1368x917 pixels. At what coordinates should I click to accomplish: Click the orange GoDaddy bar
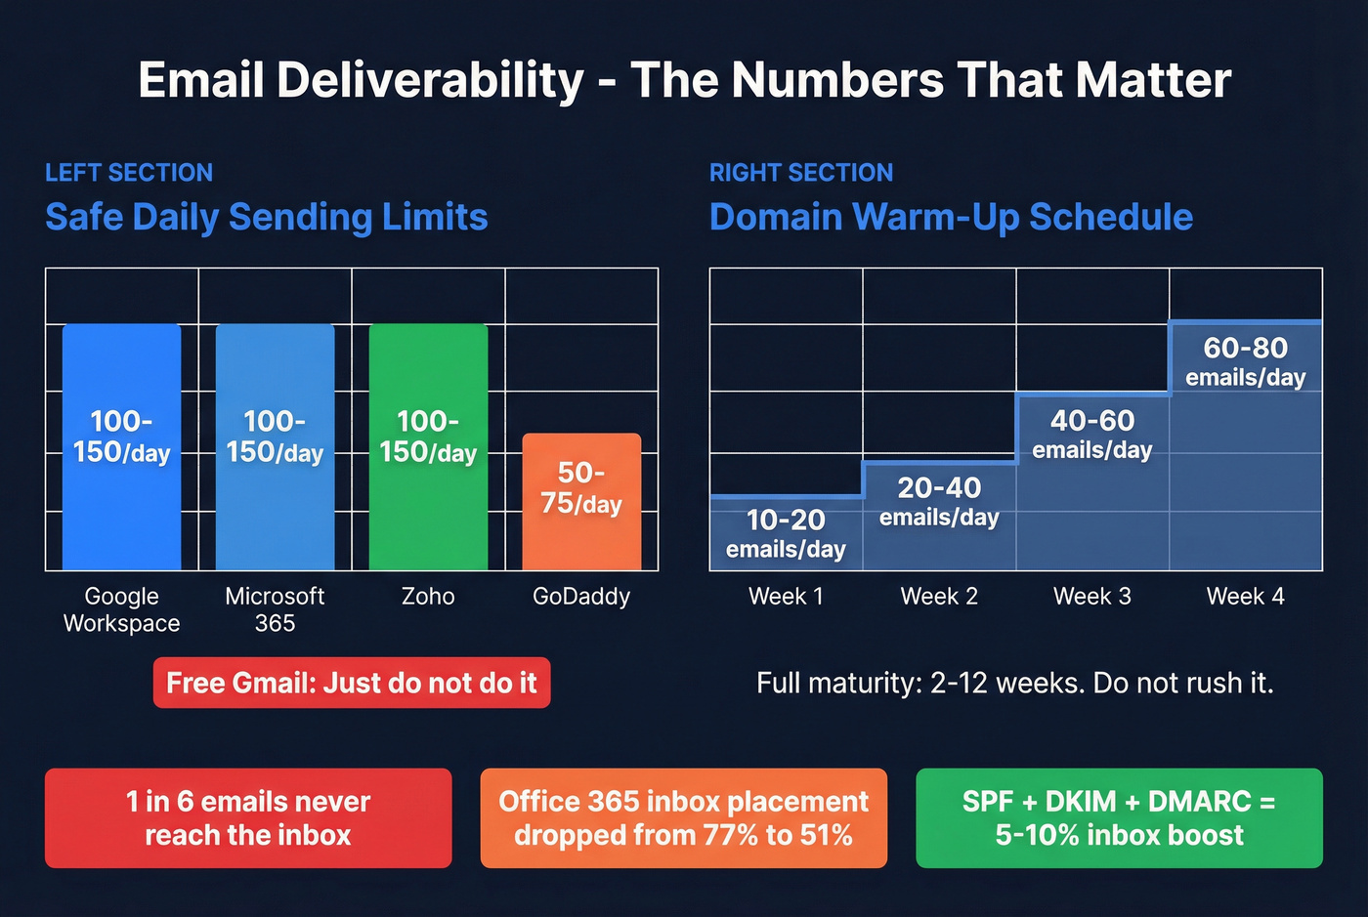pyautogui.click(x=581, y=502)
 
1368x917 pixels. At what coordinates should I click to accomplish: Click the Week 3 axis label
pyautogui.click(x=1091, y=596)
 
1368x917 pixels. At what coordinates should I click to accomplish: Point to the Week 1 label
pyautogui.click(x=786, y=596)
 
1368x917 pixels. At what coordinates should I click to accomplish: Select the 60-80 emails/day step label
pyautogui.click(x=1245, y=361)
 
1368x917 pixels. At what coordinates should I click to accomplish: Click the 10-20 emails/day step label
pyautogui.click(x=786, y=533)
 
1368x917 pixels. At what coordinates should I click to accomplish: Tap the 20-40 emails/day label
pyautogui.click(x=938, y=501)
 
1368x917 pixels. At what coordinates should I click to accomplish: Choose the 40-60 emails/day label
pyautogui.click(x=1091, y=434)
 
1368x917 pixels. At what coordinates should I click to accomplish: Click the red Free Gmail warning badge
pyautogui.click(x=352, y=683)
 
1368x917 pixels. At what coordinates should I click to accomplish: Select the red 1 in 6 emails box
pyautogui.click(x=248, y=818)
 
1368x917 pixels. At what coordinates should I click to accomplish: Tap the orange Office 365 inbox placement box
pyautogui.click(x=683, y=818)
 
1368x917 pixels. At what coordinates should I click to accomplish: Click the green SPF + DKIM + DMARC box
pyautogui.click(x=1119, y=818)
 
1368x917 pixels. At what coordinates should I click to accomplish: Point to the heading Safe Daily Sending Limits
pyautogui.click(x=266, y=217)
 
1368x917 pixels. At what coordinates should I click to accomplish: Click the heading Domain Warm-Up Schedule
pyautogui.click(x=951, y=217)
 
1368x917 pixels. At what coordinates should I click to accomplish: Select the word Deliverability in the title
pyautogui.click(x=430, y=81)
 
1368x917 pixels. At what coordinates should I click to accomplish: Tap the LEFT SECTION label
pyautogui.click(x=129, y=173)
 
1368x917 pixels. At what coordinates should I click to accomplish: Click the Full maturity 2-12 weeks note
pyautogui.click(x=1014, y=683)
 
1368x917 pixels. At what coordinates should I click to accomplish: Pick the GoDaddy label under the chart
pyautogui.click(x=581, y=596)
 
